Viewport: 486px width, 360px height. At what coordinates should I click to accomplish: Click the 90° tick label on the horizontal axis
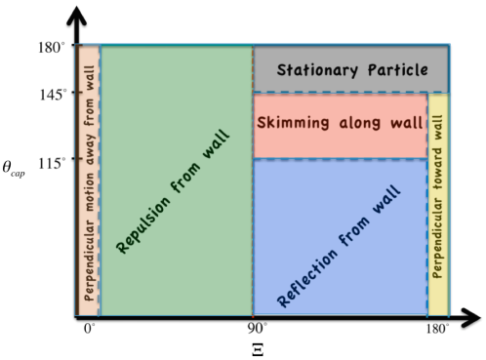coord(257,332)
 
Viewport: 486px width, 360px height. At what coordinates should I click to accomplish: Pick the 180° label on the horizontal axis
coord(435,332)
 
